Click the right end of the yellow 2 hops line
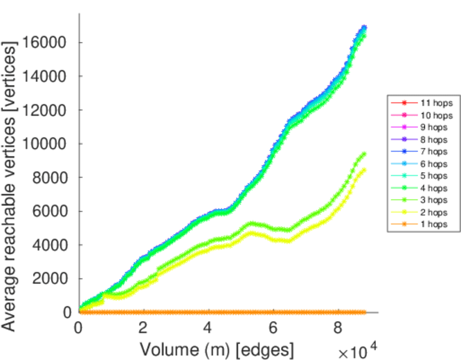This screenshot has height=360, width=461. click(364, 170)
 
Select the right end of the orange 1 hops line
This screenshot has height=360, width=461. click(364, 312)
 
